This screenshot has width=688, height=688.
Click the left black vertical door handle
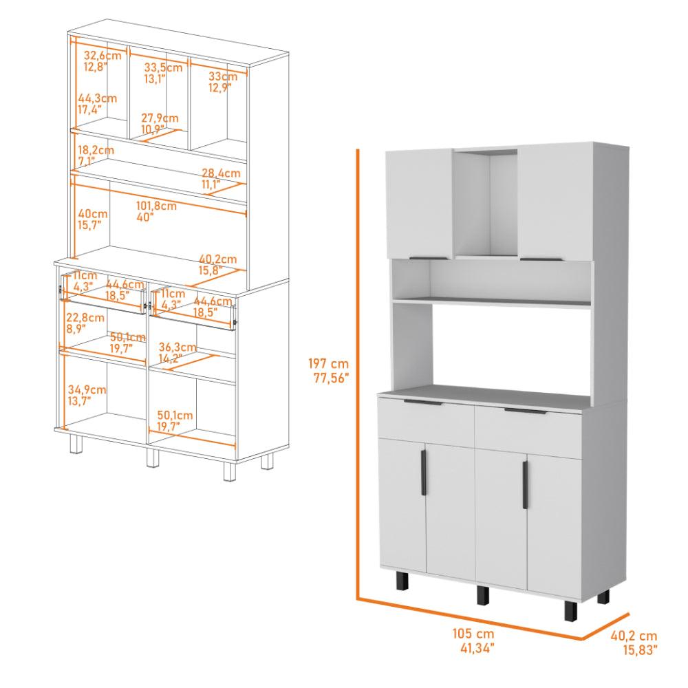click(423, 473)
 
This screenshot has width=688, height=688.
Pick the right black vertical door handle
click(525, 485)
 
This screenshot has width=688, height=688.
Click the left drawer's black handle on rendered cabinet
click(423, 402)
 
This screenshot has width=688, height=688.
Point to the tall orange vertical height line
click(358, 440)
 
